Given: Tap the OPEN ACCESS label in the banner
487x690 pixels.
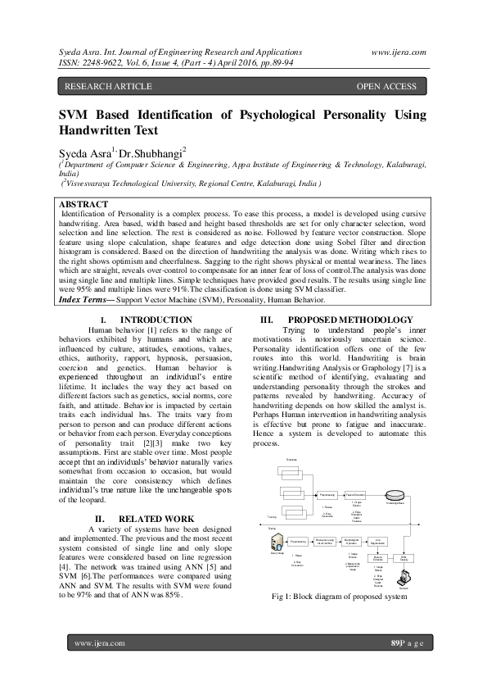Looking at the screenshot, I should coord(386,86).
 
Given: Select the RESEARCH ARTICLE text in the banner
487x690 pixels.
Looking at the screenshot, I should coord(108,86).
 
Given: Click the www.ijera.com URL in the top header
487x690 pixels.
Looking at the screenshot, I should coord(399,52).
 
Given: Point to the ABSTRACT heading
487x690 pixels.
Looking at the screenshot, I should coord(84,204).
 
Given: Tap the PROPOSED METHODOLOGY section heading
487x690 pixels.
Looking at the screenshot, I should coord(350,319).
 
